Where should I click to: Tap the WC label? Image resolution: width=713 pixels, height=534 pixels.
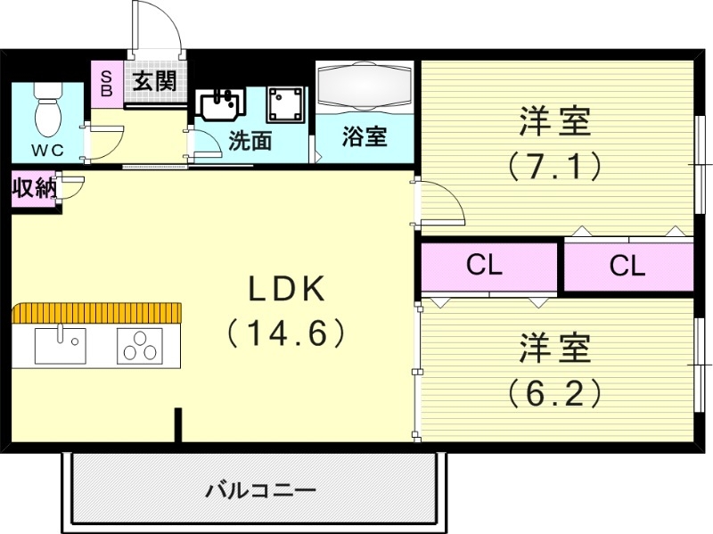point(48,150)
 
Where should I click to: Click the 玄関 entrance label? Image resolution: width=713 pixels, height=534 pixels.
point(155,82)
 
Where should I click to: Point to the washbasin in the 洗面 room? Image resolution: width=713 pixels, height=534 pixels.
point(219,104)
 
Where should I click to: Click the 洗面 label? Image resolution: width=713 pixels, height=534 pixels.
point(250,141)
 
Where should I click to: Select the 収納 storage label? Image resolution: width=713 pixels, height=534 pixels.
point(35,188)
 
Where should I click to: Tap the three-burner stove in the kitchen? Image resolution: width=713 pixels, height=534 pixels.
point(140,345)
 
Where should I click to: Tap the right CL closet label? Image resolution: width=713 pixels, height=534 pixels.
point(627,267)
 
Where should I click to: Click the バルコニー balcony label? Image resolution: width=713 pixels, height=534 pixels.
point(261,490)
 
